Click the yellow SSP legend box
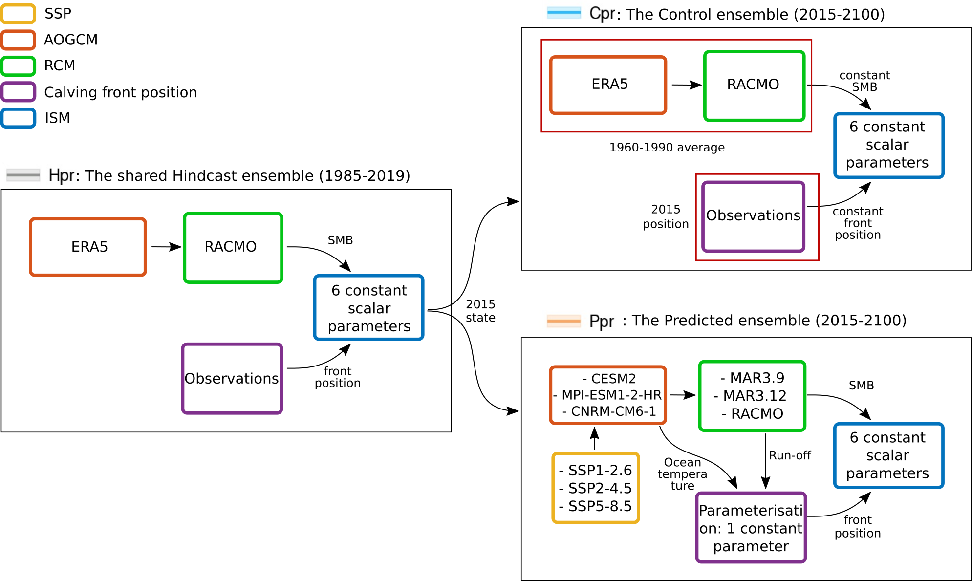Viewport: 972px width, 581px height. (18, 14)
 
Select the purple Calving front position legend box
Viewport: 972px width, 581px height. (18, 92)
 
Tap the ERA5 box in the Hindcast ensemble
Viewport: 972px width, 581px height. (88, 247)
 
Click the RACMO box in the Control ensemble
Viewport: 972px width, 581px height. (754, 85)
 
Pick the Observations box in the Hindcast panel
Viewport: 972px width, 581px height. (232, 379)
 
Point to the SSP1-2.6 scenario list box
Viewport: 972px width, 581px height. (596, 488)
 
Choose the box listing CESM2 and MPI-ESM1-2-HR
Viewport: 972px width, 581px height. (608, 395)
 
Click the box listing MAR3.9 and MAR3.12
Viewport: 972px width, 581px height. (752, 396)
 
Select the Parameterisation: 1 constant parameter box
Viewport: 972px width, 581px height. (751, 528)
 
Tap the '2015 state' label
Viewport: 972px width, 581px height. (480, 311)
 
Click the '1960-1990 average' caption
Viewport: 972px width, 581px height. (667, 148)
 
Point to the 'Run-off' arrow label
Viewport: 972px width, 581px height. (790, 455)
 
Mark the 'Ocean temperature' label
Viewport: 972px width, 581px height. (682, 473)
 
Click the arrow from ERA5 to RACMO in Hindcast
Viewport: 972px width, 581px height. (166, 247)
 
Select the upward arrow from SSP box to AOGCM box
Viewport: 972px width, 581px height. (594, 438)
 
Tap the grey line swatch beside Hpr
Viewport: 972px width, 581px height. (23, 174)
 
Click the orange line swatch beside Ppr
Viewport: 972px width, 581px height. (563, 321)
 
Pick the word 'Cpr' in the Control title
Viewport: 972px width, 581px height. (602, 14)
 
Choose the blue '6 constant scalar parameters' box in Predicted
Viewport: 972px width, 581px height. (888, 455)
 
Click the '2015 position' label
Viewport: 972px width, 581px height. (666, 216)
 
